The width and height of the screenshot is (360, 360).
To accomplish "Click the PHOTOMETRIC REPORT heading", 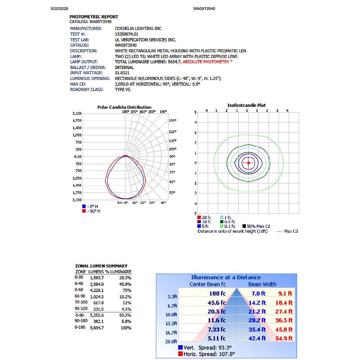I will pyautogui.click(x=94, y=17).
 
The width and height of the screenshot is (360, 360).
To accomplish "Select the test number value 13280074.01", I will pyautogui.click(x=126, y=34).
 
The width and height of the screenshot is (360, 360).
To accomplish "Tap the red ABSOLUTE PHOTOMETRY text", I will pyautogui.click(x=207, y=62).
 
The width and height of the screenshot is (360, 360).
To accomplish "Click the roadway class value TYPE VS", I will pyautogui.click(x=122, y=89).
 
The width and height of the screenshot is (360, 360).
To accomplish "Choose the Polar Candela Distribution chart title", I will pyautogui.click(x=124, y=107).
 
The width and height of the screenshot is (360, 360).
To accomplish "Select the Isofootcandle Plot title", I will pyautogui.click(x=247, y=105).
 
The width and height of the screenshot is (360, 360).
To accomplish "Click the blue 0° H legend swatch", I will pyautogui.click(x=84, y=206).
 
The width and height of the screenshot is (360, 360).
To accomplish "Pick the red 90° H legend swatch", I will pyautogui.click(x=84, y=211).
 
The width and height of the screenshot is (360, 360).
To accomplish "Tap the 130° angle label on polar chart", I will pyautogui.click(x=173, y=121).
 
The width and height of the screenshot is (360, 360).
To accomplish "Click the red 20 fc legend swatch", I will pyautogui.click(x=199, y=217).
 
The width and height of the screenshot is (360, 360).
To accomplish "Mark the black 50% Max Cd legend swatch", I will pyautogui.click(x=244, y=226).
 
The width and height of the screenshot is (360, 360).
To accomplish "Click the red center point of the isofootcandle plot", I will pyautogui.click(x=248, y=163).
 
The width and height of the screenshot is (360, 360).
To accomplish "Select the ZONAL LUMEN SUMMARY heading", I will pyautogui.click(x=101, y=266).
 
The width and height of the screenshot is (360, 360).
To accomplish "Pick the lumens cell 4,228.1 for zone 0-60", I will pyautogui.click(x=96, y=291).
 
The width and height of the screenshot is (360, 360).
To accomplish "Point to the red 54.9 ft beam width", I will pyautogui.click(x=284, y=338).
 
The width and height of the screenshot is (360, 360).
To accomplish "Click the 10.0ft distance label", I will pyautogui.click(x=171, y=315).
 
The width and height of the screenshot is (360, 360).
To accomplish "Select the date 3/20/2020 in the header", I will pyautogui.click(x=59, y=8).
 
